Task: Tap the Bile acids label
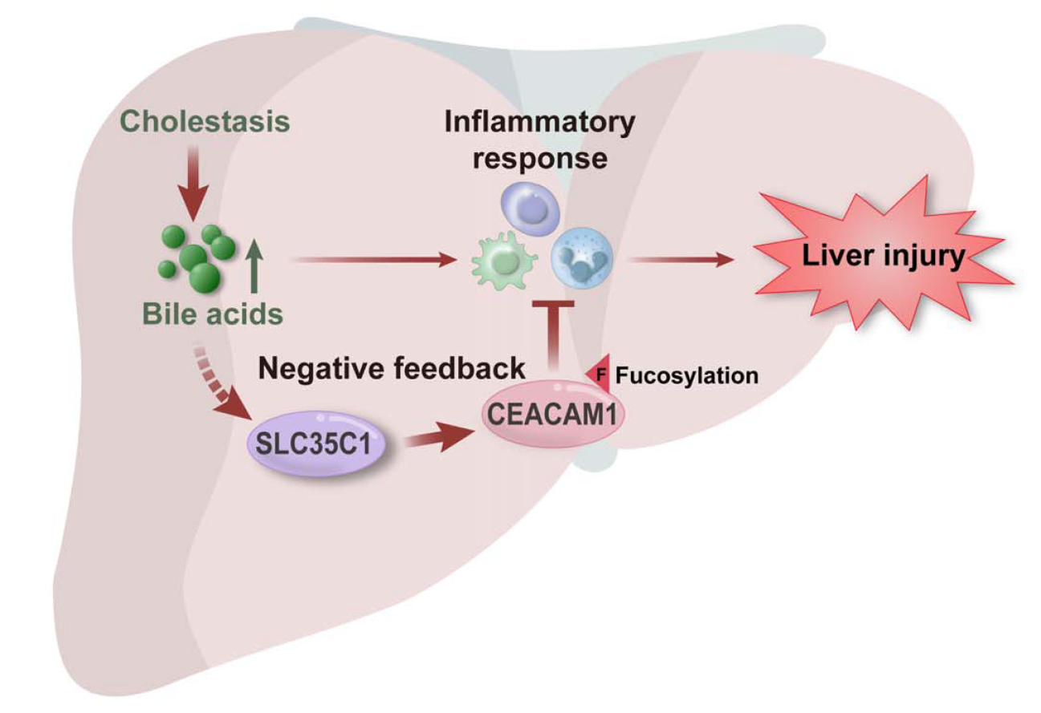pyautogui.click(x=213, y=314)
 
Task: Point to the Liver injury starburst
pyautogui.click(x=884, y=257)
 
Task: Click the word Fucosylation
pyautogui.click(x=686, y=375)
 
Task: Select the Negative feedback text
pyautogui.click(x=391, y=368)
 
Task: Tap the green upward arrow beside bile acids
pyautogui.click(x=254, y=267)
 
